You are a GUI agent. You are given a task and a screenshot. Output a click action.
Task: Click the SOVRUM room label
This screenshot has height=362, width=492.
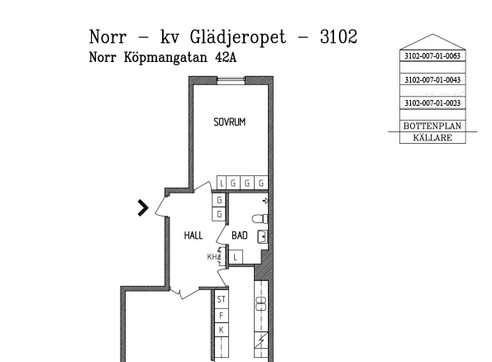[x=229, y=122]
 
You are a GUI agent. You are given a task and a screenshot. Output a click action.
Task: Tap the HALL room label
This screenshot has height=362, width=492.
[x=193, y=236]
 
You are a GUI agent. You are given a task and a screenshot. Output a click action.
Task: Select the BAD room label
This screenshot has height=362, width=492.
[x=240, y=236]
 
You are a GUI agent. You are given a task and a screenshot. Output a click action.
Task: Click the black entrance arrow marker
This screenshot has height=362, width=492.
[x=143, y=207]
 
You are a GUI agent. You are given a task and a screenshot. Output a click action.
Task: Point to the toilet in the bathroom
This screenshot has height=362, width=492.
[x=260, y=219]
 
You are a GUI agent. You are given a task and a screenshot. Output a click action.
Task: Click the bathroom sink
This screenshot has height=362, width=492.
[x=262, y=236]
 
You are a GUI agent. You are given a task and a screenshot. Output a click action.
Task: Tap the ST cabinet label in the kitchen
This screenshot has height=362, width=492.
[x=222, y=299]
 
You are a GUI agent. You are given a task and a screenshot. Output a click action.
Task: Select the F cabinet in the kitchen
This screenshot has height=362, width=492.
[x=222, y=316]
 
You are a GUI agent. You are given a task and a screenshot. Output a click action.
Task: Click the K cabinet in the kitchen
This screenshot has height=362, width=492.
[x=222, y=330]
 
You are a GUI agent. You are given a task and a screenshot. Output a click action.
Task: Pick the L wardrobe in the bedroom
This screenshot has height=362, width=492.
[x=222, y=183]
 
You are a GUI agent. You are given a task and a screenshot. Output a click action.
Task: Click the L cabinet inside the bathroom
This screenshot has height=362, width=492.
[x=236, y=258]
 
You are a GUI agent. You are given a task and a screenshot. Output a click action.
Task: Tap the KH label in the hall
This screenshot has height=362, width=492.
[x=213, y=257]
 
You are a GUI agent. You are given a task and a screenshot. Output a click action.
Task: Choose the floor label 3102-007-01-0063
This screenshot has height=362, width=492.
[x=432, y=56]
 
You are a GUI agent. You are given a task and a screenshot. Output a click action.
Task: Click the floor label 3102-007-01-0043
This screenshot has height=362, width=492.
[x=432, y=79]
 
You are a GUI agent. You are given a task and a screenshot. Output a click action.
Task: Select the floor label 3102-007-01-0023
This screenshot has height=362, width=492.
[x=432, y=102]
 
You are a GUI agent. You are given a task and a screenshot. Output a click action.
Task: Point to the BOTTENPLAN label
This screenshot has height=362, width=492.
[x=432, y=126]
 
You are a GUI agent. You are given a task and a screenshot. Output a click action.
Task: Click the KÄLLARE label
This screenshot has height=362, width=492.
[x=432, y=137]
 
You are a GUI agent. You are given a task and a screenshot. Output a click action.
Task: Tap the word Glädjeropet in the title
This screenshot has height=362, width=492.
[x=238, y=37]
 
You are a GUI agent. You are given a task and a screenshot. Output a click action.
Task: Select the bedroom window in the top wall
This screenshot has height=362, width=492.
[x=231, y=81]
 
